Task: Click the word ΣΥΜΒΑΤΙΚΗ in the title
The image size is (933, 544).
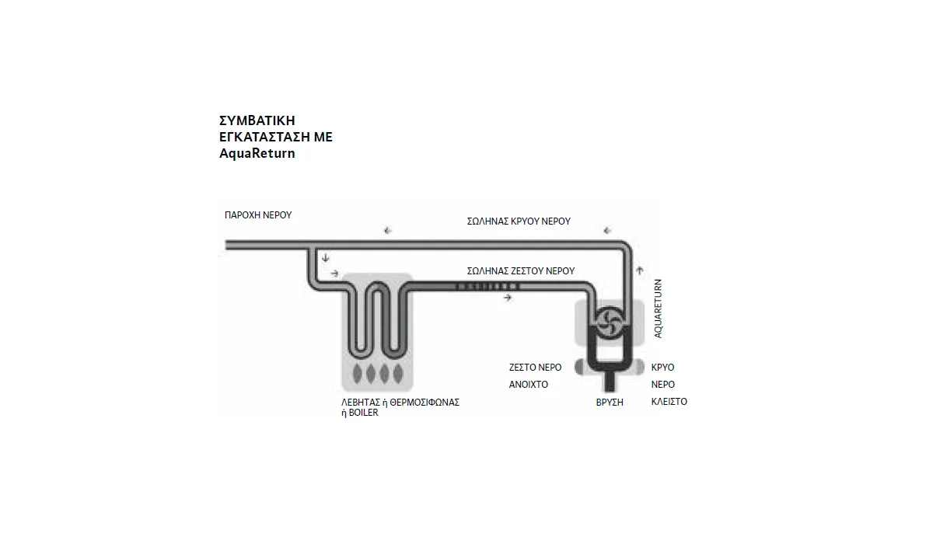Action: [x=257, y=120]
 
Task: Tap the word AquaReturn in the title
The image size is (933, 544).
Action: [x=257, y=154]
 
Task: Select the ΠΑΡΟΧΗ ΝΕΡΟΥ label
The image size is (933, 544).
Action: [x=258, y=215]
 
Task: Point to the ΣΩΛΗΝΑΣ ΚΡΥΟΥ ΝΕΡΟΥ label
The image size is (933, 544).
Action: [x=519, y=221]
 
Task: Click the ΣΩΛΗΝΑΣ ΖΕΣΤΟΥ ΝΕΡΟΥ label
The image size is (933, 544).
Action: [x=521, y=271]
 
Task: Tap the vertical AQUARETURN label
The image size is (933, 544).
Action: [x=658, y=309]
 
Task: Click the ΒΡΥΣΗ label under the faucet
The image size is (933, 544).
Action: [x=610, y=403]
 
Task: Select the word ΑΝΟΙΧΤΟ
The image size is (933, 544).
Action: [x=528, y=385]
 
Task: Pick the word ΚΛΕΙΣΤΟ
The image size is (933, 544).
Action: [x=669, y=402]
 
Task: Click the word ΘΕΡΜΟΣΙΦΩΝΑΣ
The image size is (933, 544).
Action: [x=425, y=403]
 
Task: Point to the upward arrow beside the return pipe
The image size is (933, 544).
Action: [x=640, y=270]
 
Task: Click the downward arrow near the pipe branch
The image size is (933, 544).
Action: [x=326, y=258]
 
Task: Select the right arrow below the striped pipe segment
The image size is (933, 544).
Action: [x=508, y=298]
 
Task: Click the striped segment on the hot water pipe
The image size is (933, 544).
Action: [x=487, y=286]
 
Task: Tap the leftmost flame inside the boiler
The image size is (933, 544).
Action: [x=358, y=373]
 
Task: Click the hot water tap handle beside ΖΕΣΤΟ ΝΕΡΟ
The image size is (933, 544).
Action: [x=579, y=367]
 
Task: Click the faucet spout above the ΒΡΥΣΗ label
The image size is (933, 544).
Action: [x=610, y=382]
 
